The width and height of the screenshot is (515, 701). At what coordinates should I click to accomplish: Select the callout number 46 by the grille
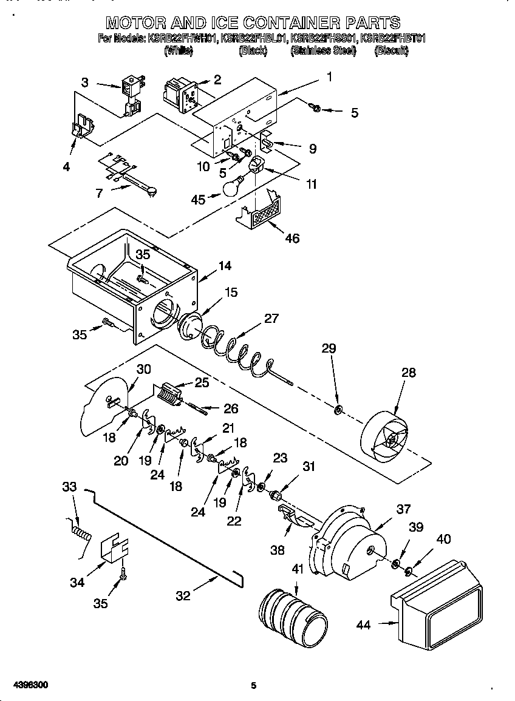(292, 239)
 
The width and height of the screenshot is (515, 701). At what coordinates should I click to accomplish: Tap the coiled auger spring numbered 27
(237, 352)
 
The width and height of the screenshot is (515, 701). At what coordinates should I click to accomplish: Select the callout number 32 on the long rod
(183, 596)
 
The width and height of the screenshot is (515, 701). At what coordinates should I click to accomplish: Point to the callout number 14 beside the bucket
(225, 265)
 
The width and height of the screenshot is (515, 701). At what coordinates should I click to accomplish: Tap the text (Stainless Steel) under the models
(323, 52)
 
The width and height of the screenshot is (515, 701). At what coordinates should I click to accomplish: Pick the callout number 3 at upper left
(84, 82)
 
